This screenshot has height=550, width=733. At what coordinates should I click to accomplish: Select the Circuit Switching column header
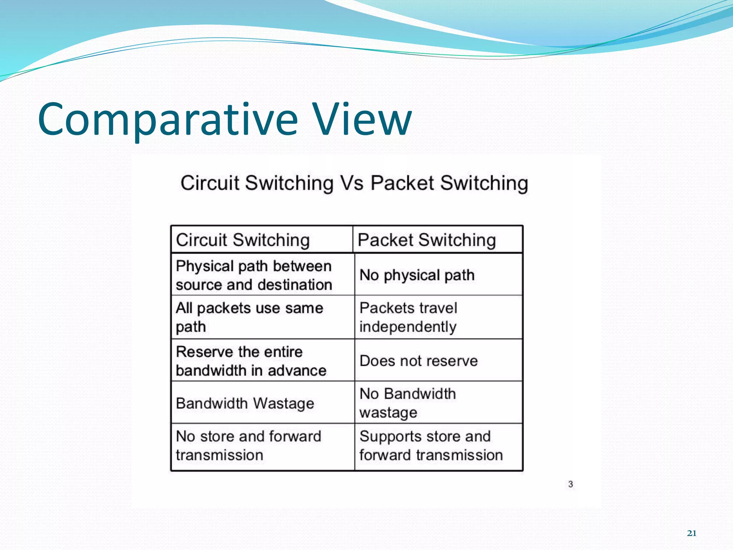tap(243, 240)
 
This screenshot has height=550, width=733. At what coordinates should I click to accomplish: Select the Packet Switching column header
tap(427, 240)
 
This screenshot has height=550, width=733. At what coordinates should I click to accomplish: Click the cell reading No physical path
tap(417, 275)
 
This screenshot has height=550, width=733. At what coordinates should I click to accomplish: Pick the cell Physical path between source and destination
tap(254, 275)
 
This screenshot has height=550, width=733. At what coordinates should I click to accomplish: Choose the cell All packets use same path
tap(249, 317)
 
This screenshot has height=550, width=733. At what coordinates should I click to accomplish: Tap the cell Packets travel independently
tap(408, 317)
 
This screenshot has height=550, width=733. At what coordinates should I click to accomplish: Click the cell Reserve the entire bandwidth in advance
tap(251, 361)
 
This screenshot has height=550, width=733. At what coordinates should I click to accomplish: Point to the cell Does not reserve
tap(418, 361)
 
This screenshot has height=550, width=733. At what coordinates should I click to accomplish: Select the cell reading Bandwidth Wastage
tap(245, 404)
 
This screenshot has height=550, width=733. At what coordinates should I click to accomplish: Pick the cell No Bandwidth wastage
tap(407, 403)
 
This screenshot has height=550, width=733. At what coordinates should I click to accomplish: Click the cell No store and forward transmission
tap(248, 446)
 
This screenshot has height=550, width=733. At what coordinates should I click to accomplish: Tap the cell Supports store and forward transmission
tap(431, 446)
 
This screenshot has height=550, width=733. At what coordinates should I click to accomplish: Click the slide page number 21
tap(691, 533)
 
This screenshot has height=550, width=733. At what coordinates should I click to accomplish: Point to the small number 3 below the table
tap(571, 484)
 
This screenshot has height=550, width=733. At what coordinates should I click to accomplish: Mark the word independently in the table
tap(408, 327)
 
